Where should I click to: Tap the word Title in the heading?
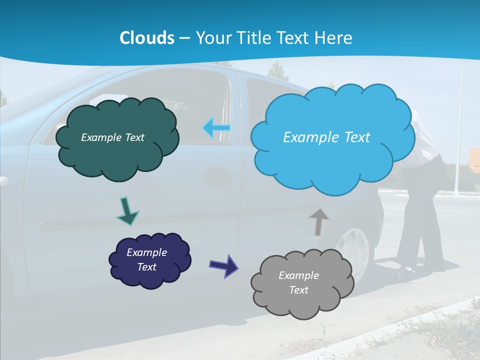pyautogui.click(x=252, y=38)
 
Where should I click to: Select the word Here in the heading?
pyautogui.click(x=334, y=38)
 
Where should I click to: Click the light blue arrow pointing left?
pyautogui.click(x=216, y=128)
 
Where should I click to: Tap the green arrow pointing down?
pyautogui.click(x=127, y=211)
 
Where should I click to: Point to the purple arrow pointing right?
pyautogui.click(x=224, y=265)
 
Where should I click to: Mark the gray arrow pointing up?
pyautogui.click(x=318, y=220)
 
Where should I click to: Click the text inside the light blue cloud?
pyautogui.click(x=326, y=137)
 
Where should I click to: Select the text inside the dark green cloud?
pyautogui.click(x=112, y=137)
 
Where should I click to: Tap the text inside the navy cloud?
pyautogui.click(x=147, y=259)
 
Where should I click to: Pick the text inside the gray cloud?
pyautogui.click(x=299, y=282)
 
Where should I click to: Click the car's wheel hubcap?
pyautogui.click(x=356, y=250)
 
